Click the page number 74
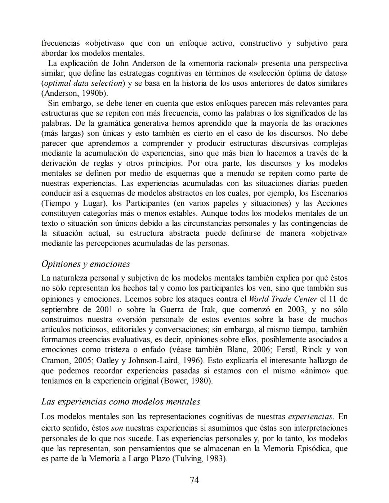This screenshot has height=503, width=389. [x=194, y=480]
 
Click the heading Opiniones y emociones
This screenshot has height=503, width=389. [x=86, y=264]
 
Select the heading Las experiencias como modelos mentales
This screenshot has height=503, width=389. [x=121, y=401]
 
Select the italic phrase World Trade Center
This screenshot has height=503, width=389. [x=283, y=299]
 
